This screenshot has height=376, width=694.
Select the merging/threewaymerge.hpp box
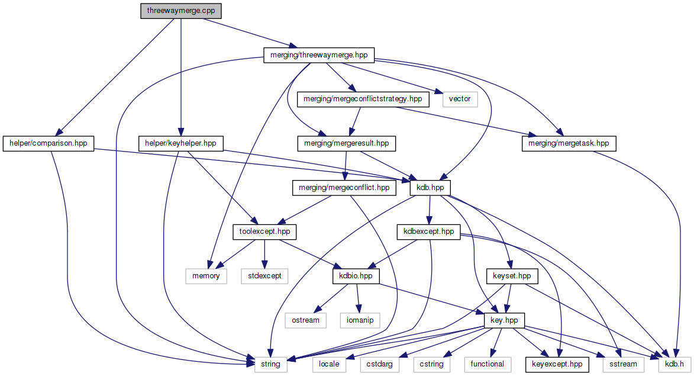319,55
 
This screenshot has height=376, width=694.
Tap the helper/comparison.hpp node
49,143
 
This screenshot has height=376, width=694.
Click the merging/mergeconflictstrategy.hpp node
363,99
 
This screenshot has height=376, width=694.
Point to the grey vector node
460,99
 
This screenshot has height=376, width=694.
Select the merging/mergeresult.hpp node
346,143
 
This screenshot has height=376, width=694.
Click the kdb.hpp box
431,188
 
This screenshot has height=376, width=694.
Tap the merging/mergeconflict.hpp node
344,188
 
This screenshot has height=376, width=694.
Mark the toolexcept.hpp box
265,232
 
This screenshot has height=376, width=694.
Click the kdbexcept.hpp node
428,232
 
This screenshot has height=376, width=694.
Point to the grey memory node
206,276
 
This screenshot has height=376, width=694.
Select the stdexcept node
264,276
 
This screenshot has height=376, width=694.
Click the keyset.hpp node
512,276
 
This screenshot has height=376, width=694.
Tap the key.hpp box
504,320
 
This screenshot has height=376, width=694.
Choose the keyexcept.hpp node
557,364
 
